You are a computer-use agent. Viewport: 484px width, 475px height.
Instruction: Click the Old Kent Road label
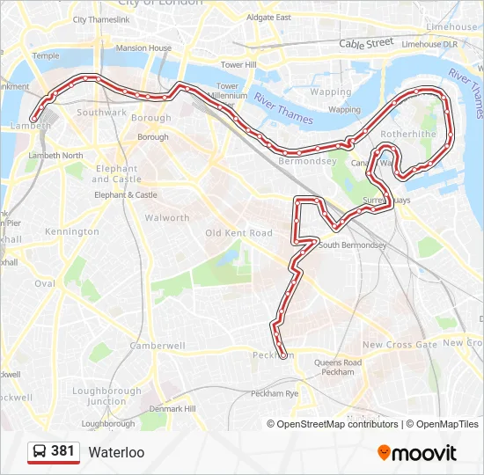(238, 233)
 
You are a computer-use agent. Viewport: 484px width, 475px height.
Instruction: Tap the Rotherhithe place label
(408, 134)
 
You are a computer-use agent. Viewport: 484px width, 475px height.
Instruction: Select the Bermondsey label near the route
(307, 162)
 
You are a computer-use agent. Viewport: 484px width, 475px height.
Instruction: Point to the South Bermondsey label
(352, 245)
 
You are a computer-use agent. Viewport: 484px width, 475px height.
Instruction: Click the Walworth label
(166, 217)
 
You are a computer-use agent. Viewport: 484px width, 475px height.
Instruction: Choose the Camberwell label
(158, 346)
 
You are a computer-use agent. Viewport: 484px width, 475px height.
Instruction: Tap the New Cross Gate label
(400, 345)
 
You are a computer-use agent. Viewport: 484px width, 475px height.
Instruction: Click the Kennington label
(72, 231)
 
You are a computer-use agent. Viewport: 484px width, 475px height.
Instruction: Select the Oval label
(45, 283)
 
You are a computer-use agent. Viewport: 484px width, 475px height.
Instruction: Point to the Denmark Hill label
(172, 409)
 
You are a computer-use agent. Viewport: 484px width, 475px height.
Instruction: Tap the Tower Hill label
(238, 64)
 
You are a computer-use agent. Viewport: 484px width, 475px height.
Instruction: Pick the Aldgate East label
(268, 17)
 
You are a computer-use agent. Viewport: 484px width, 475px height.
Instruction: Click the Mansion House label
(143, 47)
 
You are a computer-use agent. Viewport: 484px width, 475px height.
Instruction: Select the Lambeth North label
(55, 155)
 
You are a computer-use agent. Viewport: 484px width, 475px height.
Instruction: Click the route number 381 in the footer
(62, 451)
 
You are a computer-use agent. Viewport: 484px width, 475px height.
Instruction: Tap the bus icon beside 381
(40, 452)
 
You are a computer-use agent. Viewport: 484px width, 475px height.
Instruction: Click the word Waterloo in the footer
(116, 452)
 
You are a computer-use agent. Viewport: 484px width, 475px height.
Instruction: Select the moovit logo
(417, 452)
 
